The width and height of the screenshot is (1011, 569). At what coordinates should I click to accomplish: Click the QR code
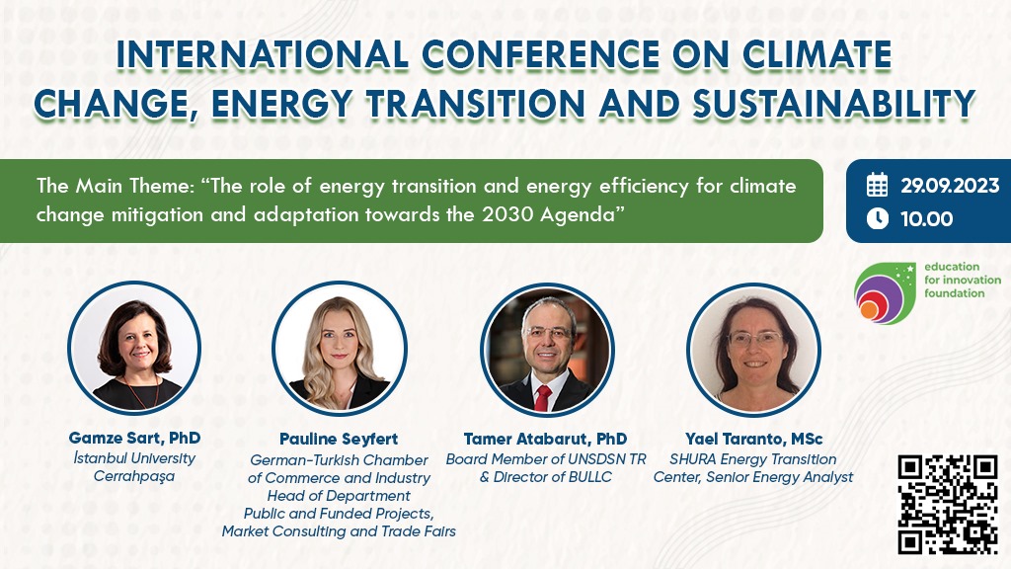948,505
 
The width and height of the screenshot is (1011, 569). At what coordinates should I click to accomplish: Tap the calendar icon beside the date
877,185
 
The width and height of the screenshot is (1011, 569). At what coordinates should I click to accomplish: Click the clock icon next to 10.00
877,218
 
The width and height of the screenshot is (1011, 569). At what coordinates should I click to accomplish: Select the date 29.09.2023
950,186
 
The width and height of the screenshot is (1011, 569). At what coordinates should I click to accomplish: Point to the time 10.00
926,219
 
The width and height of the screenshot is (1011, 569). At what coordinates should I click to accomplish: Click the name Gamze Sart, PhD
134,438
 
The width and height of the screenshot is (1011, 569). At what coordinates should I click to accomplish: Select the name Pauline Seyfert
339,440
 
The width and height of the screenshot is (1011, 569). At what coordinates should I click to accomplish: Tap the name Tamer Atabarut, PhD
545,439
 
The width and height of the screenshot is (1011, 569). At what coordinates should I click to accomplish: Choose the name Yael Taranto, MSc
753,439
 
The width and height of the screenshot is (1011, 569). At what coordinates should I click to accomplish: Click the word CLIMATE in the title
817,54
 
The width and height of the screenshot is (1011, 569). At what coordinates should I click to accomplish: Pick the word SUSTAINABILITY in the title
833,104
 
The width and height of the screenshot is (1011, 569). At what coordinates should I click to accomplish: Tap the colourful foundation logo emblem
885,292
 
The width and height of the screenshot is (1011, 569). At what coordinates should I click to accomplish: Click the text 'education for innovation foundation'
963,280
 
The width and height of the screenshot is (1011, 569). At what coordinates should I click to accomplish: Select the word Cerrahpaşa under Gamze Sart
134,477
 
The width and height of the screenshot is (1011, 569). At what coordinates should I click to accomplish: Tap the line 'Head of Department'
339,496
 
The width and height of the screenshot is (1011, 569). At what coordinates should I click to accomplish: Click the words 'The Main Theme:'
116,186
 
